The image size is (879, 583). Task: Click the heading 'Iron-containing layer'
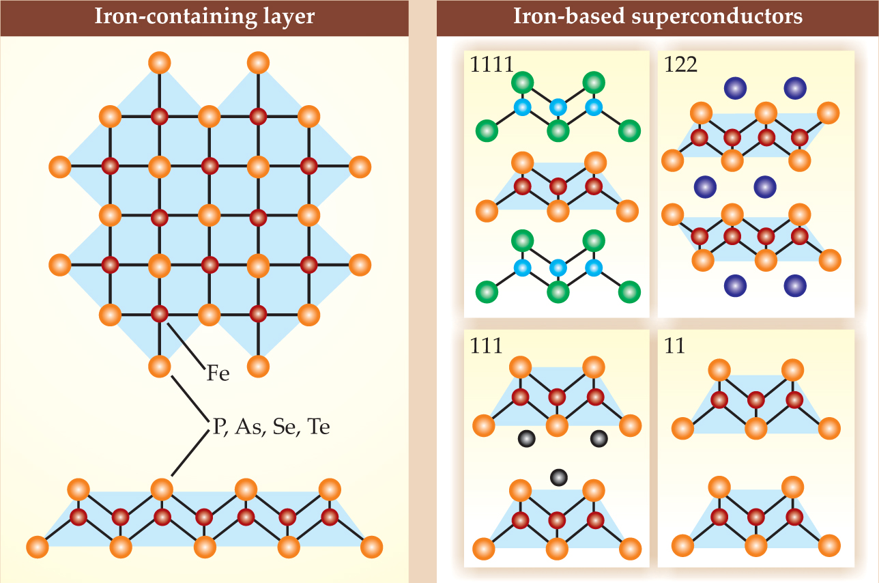(204, 16)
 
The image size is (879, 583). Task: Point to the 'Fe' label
(218, 373)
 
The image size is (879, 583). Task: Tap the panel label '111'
(486, 345)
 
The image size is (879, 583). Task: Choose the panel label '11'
(675, 345)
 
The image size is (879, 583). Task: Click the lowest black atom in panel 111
(559, 477)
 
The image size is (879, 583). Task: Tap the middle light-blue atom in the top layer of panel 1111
(558, 107)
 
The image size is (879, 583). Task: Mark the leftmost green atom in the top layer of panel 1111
(487, 128)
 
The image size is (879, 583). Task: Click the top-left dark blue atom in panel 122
(734, 87)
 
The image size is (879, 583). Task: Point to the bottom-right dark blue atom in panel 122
(794, 285)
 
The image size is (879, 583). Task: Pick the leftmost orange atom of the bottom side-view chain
(38, 547)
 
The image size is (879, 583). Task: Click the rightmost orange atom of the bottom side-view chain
(371, 547)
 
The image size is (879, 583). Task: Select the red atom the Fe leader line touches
(159, 314)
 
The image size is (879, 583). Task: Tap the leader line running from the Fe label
(184, 345)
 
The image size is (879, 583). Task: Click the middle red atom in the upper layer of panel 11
(755, 399)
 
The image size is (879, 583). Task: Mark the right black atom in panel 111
(599, 438)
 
